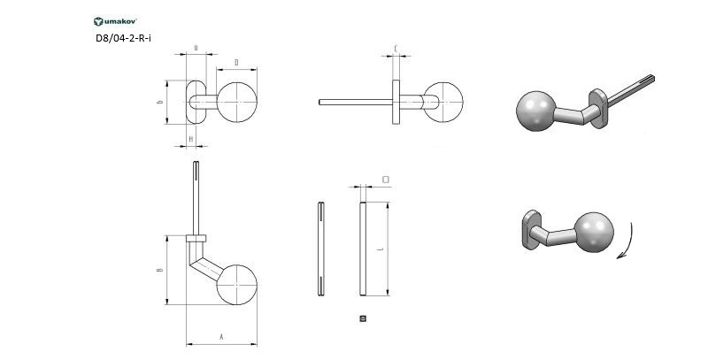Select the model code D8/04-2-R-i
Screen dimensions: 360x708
coord(124,38)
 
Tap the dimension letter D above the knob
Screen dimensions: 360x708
coord(236,62)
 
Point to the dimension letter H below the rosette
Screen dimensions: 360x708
coord(191,139)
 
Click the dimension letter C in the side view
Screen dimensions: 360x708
coord(395,49)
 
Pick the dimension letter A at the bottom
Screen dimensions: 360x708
coord(221,337)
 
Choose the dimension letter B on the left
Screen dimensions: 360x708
coord(160,270)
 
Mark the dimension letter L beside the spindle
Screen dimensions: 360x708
coord(380,250)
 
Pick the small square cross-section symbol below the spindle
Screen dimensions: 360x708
coord(362,318)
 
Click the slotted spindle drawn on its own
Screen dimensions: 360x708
coord(319,249)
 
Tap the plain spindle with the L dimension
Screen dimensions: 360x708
coord(362,249)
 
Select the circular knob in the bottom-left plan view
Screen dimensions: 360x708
coord(235,286)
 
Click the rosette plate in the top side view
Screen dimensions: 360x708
coord(396,102)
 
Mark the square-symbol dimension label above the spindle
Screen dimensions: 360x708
coord(385,179)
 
